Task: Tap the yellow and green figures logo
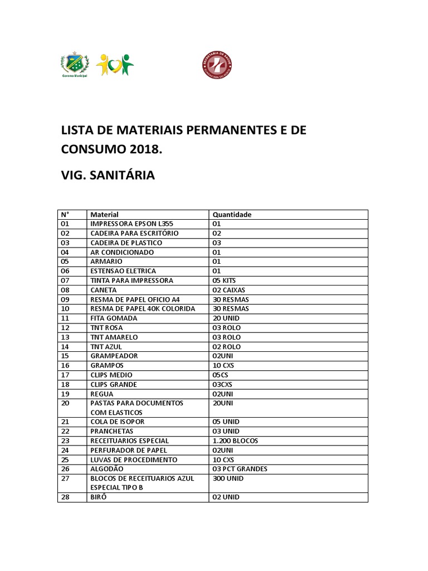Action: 115,65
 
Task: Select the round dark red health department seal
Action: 217,65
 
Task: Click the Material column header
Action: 104,214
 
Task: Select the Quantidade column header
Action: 232,214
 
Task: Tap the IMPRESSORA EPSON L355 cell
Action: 131,224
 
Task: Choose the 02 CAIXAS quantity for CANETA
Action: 229,290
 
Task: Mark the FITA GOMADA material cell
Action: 114,318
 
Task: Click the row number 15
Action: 65,356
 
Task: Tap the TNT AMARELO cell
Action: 114,337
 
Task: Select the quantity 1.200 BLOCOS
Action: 236,441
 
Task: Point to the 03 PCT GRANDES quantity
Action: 240,469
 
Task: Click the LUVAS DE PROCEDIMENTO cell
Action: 134,459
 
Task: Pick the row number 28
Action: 65,497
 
